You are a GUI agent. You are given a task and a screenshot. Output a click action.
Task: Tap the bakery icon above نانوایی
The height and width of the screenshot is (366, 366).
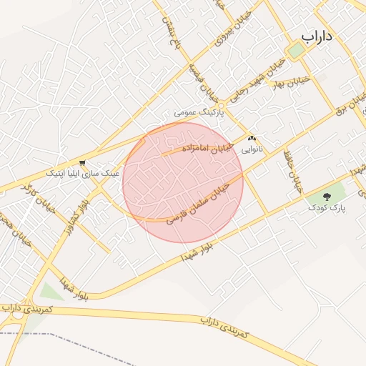tap(251, 138)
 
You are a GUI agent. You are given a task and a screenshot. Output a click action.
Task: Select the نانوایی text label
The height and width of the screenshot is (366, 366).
tap(251, 150)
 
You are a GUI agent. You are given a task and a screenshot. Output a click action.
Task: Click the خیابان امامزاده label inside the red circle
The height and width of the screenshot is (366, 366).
tap(194, 147)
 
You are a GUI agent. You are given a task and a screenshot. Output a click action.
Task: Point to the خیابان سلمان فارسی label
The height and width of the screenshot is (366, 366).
tap(203, 199)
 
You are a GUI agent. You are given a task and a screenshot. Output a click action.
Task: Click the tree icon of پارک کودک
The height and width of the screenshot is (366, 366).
tap(328, 195)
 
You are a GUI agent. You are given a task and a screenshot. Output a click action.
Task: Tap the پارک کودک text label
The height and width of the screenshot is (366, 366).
tap(327, 208)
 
